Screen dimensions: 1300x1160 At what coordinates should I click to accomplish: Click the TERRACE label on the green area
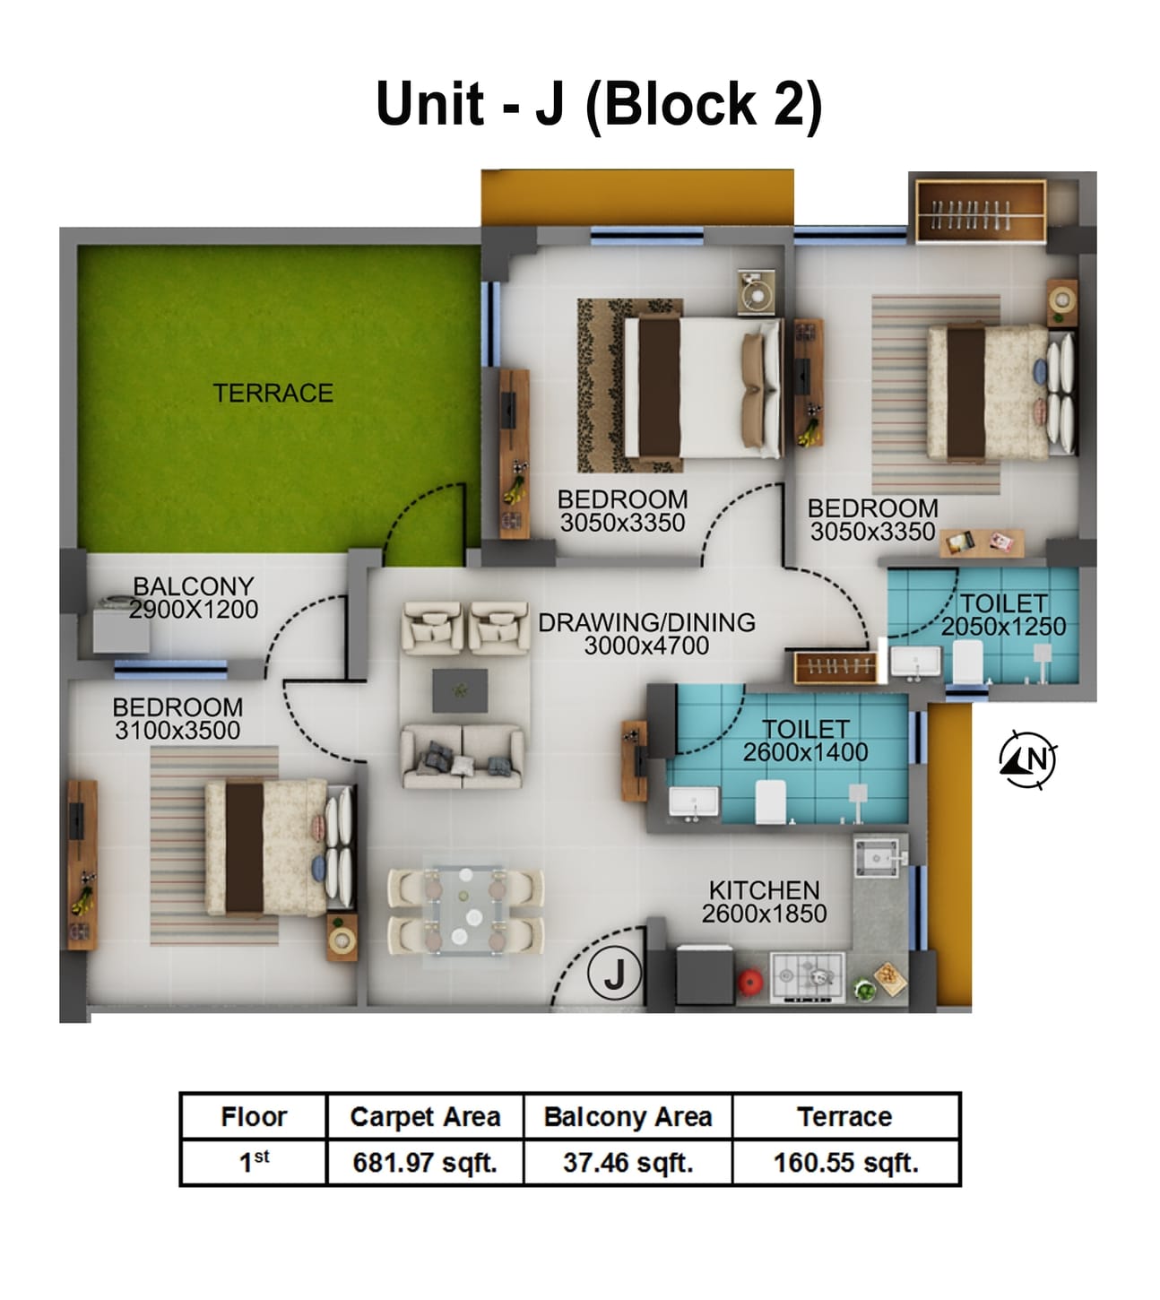pos(273,393)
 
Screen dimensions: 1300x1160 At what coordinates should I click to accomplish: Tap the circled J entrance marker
pos(614,974)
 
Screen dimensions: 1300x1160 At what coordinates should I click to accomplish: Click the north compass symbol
pos(1028,759)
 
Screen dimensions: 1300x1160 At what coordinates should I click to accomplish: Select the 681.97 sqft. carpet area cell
pos(425,1163)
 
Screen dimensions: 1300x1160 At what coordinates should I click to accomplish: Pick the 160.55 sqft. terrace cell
pos(845,1163)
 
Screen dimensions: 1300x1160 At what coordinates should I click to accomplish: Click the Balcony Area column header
pos(628,1116)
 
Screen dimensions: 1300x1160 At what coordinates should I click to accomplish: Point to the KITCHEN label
pos(764,889)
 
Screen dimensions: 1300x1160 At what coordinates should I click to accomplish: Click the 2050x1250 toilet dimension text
pos(1003,627)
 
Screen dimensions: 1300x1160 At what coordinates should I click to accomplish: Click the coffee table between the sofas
pos(460,690)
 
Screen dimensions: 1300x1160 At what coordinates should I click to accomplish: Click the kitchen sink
pos(878,858)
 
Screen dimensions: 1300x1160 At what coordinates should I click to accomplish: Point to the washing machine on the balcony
pos(121,624)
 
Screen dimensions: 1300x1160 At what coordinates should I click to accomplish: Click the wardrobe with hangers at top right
pos(980,212)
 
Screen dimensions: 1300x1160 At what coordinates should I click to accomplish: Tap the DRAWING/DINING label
pos(646,621)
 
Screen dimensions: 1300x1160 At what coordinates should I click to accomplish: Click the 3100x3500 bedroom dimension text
pos(177,731)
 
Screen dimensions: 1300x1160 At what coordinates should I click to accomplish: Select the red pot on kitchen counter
pos(750,981)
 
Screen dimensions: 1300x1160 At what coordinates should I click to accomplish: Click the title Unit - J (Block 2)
pos(598,104)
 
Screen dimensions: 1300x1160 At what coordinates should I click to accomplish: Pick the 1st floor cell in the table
pos(254,1163)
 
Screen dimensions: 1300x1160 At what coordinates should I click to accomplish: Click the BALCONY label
pos(193,585)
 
